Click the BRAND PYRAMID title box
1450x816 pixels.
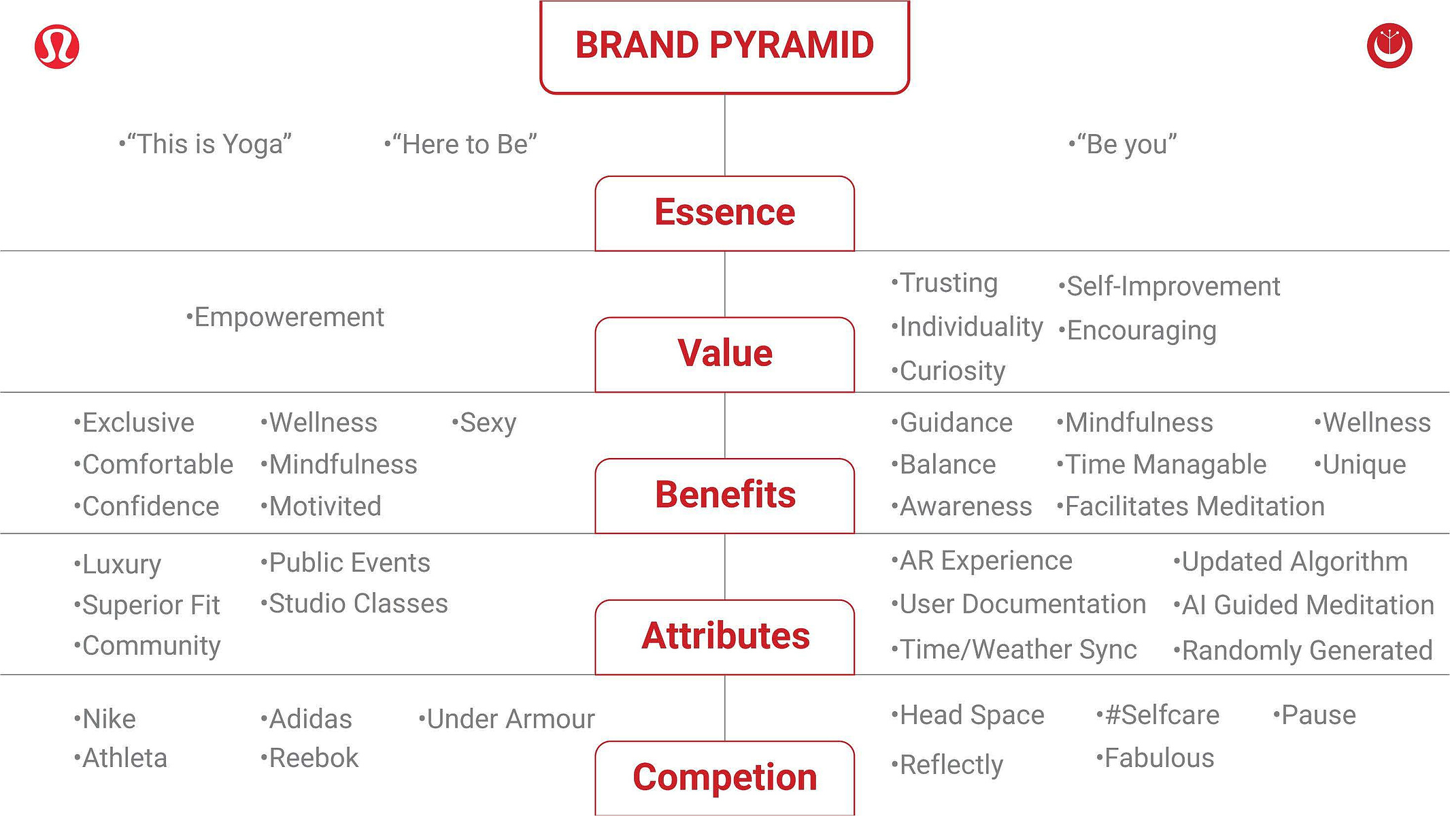(x=724, y=46)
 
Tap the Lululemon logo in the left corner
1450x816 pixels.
(x=57, y=47)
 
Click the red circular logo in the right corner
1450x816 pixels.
(x=1389, y=46)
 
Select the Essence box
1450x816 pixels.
(x=724, y=213)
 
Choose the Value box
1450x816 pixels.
(x=724, y=354)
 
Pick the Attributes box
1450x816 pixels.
(x=724, y=637)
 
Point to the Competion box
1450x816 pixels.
(x=724, y=778)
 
